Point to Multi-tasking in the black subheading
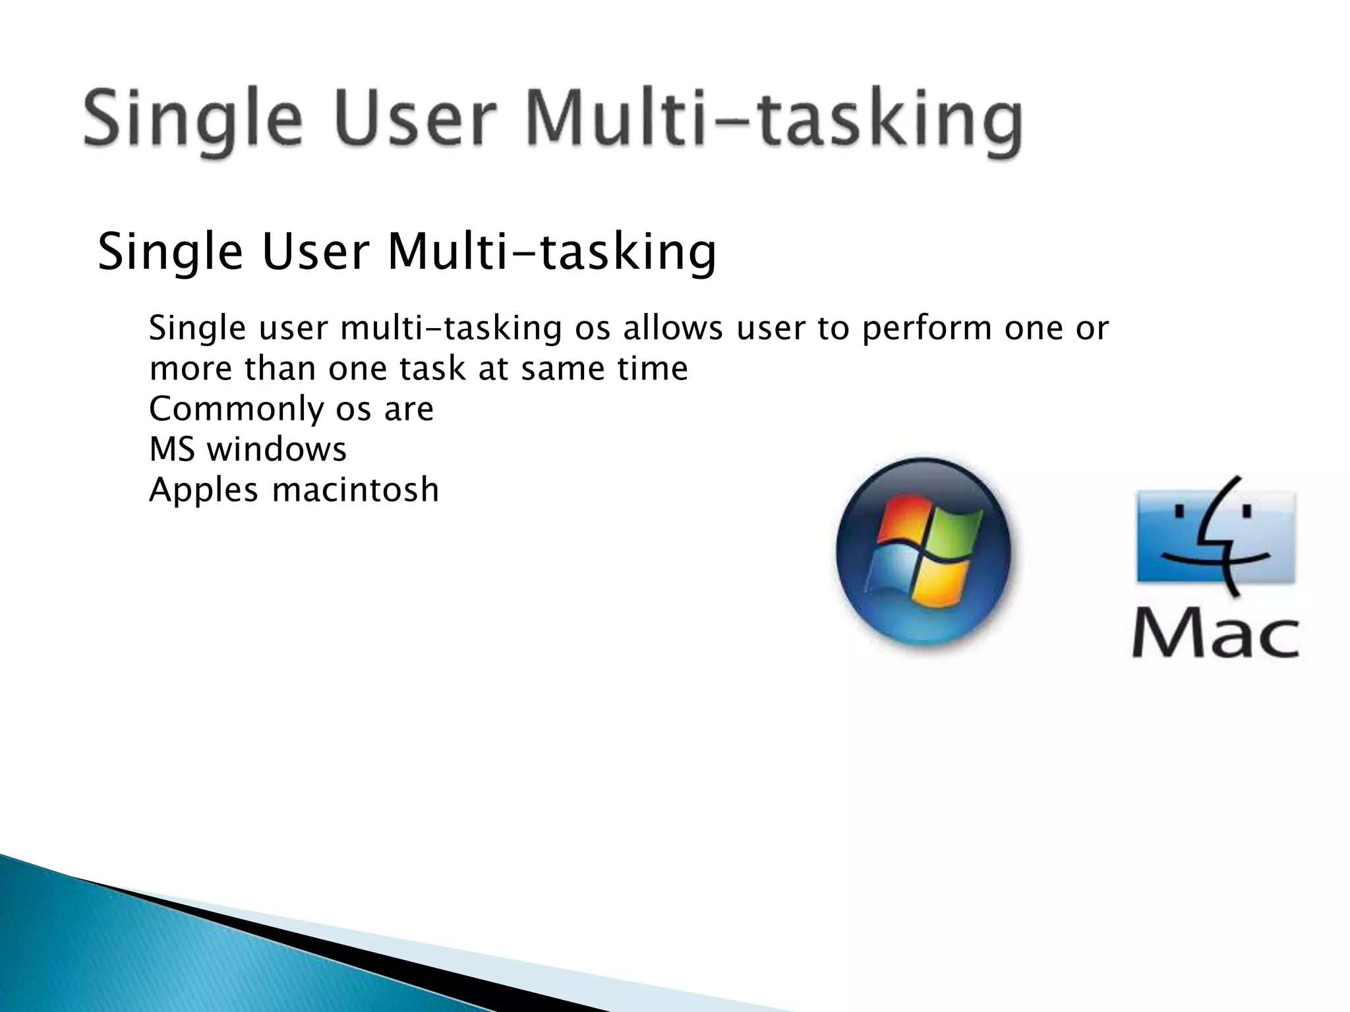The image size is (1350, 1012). click(x=552, y=254)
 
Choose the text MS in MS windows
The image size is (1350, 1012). click(x=171, y=450)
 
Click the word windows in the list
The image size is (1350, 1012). click(x=276, y=450)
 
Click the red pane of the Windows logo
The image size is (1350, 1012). click(x=903, y=520)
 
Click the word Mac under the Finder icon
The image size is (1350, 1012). click(x=1216, y=635)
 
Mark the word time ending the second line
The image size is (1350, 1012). click(x=653, y=368)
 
